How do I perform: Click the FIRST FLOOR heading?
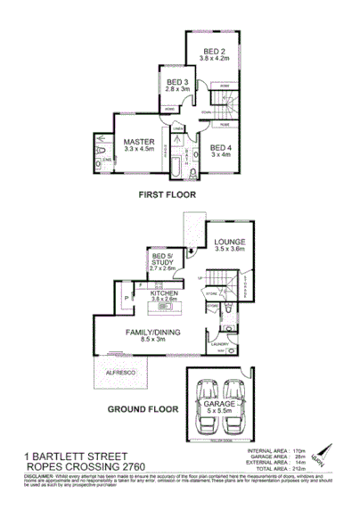(167, 193)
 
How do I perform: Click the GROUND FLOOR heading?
(142, 409)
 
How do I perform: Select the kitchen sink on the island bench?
(166, 307)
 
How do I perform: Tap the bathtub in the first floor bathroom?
(174, 163)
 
